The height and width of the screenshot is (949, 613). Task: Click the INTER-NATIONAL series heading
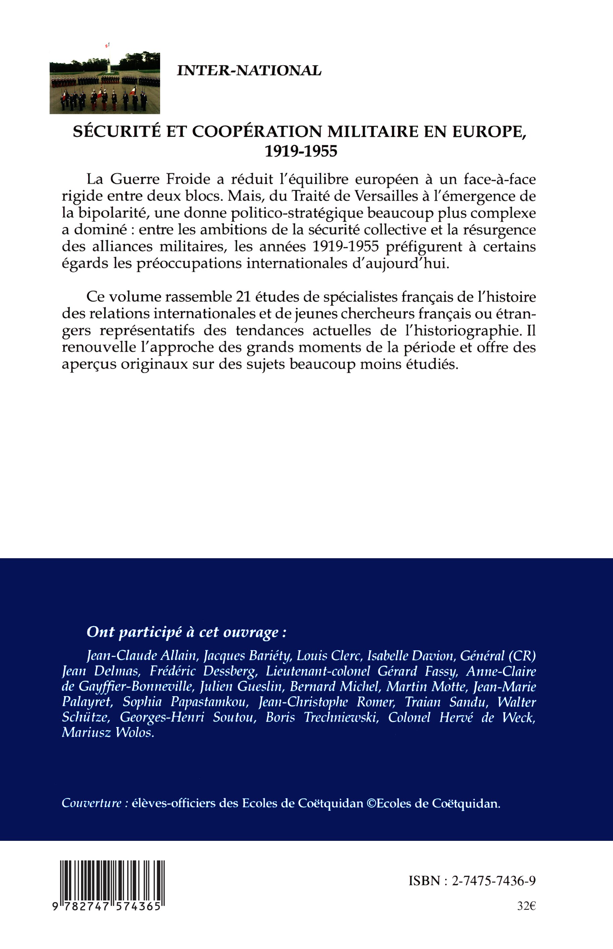click(249, 70)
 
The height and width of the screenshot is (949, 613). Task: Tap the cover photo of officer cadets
click(105, 83)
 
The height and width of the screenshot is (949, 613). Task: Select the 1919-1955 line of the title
click(300, 151)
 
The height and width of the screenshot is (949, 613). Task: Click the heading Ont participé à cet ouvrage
click(186, 632)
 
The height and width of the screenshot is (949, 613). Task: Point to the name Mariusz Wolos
click(108, 732)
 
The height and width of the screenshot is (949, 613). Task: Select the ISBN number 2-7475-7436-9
click(494, 881)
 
